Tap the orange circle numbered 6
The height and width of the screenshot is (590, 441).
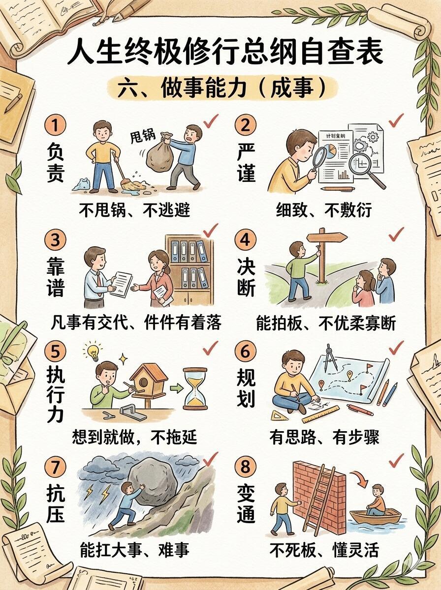[245, 352]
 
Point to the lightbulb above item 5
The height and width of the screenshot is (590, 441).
[93, 352]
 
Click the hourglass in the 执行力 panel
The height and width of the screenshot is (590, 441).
[195, 389]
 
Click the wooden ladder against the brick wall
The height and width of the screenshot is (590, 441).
[319, 506]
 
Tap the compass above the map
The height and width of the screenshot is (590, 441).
[330, 357]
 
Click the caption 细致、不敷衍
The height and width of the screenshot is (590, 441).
[324, 210]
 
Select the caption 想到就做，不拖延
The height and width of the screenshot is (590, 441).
[134, 437]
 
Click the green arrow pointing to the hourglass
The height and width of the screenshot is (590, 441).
[176, 387]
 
